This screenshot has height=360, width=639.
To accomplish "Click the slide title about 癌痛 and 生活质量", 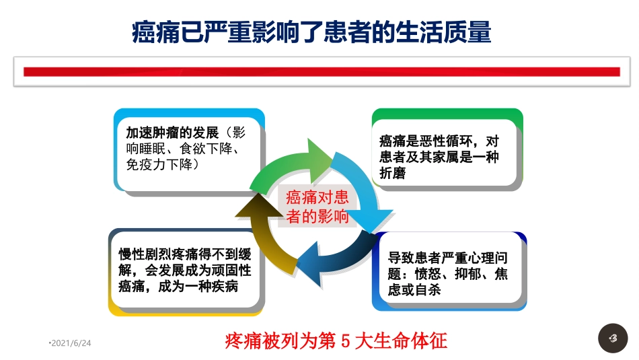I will coord(311,32).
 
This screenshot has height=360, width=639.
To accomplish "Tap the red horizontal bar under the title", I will coord(322,71).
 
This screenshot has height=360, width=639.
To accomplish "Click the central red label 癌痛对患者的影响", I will coord(317,207).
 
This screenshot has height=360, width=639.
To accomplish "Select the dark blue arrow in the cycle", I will coord(333,259).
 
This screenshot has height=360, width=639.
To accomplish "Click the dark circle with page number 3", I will coord(612,338).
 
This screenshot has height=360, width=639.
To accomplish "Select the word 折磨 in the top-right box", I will coord(393,174).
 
